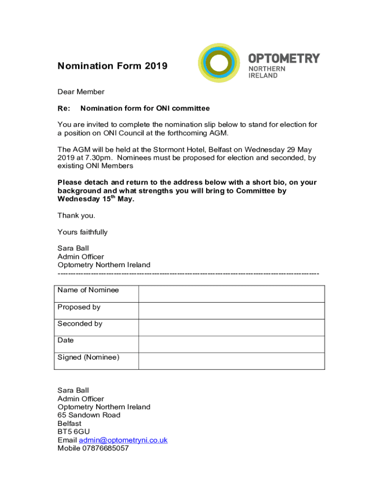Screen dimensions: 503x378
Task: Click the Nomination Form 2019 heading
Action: coord(112,66)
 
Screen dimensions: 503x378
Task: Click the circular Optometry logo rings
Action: coord(219,63)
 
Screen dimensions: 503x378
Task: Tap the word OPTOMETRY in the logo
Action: coord(284,58)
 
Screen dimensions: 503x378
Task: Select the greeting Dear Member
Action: coord(81,92)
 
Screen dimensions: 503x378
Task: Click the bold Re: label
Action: coord(64,109)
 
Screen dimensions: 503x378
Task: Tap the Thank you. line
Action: coord(77,216)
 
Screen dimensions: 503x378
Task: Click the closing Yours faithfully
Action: coord(82,232)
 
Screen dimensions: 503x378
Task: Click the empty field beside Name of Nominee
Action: coord(231,294)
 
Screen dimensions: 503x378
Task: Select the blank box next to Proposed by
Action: coord(231,310)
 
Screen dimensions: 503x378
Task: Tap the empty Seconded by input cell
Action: coord(231,327)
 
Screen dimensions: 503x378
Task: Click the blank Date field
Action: coord(231,344)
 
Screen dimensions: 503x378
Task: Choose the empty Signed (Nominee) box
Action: coord(231,361)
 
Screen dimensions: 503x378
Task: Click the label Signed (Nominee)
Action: coord(88,357)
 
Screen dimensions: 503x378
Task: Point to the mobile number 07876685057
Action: coord(106,448)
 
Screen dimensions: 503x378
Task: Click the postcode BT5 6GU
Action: coord(74,432)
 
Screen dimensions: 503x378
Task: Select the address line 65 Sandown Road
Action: coord(89,415)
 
